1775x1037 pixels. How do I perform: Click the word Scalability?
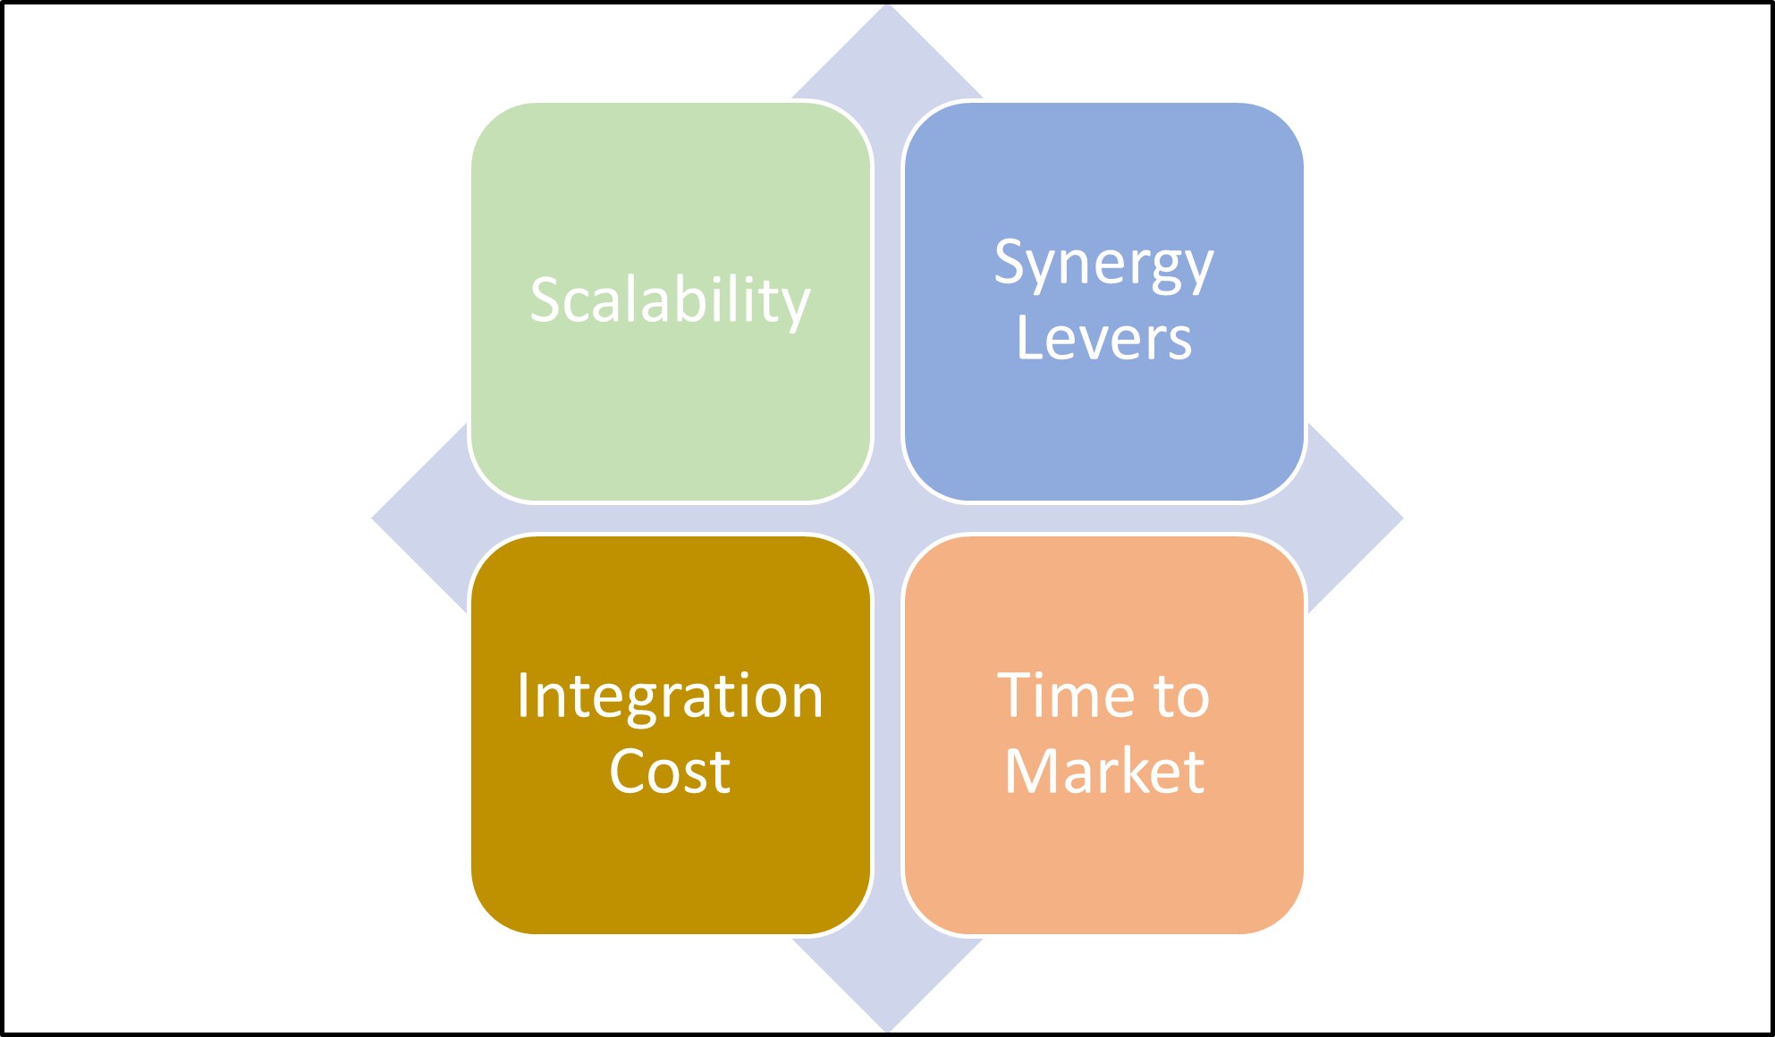point(670,301)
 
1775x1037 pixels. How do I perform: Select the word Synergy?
point(1104,265)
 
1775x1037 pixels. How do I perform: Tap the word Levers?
point(1104,338)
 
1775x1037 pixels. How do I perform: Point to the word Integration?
point(670,697)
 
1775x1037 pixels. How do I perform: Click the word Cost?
point(670,771)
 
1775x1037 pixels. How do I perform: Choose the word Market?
point(1104,770)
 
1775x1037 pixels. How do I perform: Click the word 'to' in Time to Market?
point(1181,697)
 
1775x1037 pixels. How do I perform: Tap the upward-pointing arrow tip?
point(887,5)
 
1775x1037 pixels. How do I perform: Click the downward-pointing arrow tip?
point(887,1031)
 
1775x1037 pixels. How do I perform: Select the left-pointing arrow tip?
point(374,518)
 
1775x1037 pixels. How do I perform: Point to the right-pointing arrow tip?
point(1401,518)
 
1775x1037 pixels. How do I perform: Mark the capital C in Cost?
point(630,771)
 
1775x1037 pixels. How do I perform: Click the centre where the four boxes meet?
point(887,518)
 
